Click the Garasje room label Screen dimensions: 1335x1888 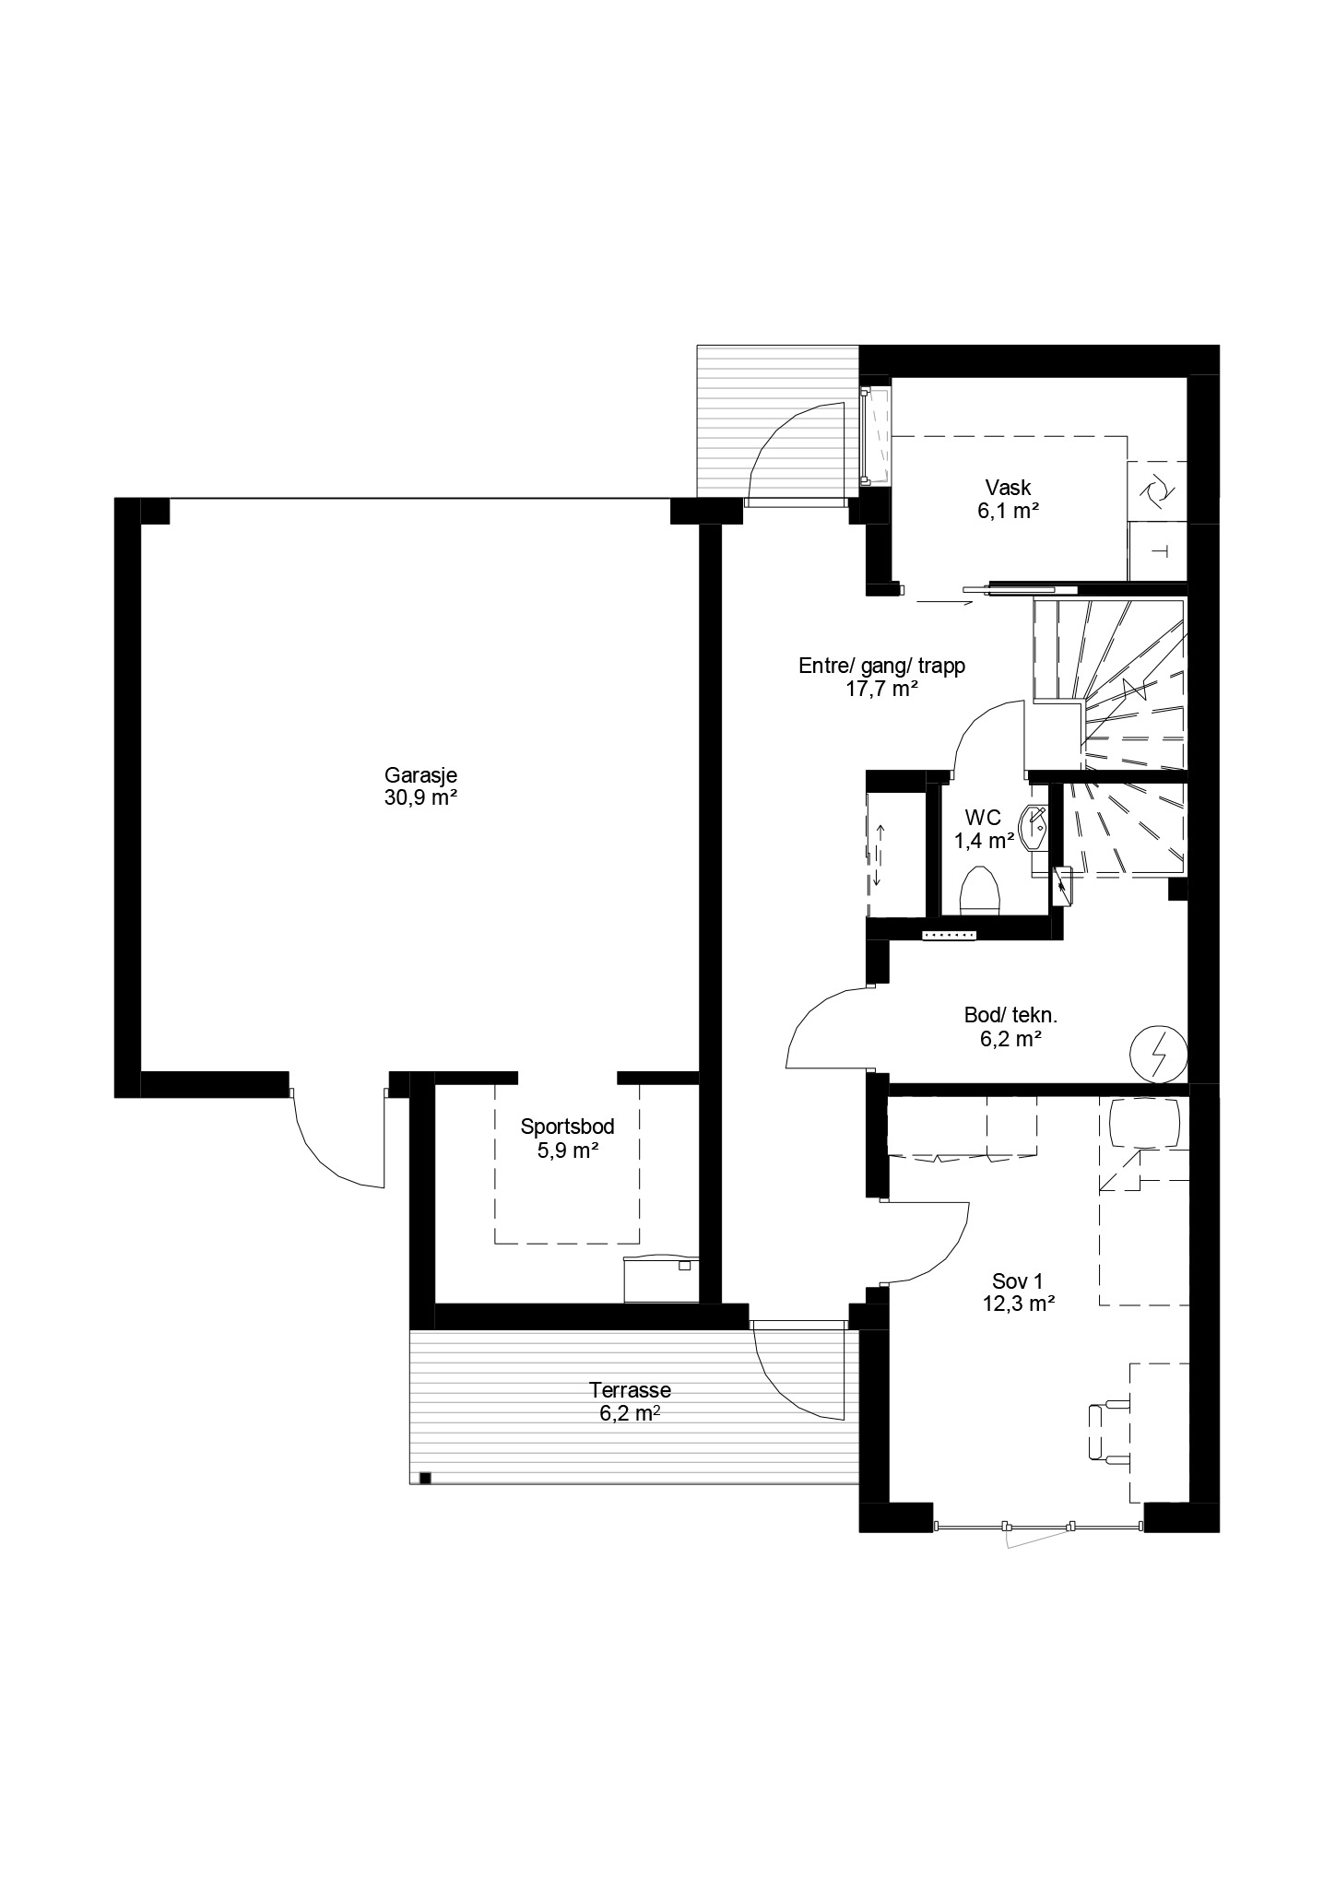(x=420, y=775)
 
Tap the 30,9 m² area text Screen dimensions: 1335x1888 (x=420, y=798)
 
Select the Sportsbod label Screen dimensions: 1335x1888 (x=567, y=1126)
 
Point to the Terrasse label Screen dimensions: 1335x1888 (x=631, y=1390)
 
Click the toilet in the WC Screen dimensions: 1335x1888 (x=980, y=891)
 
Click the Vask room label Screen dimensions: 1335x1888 (x=1008, y=487)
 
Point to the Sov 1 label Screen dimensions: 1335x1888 (x=1017, y=1280)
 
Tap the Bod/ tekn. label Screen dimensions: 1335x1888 (x=1010, y=1016)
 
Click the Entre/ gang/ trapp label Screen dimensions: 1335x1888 (x=881, y=666)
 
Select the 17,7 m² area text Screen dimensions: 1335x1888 (x=882, y=688)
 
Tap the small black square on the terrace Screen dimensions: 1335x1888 (x=425, y=1479)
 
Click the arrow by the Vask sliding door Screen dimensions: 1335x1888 (x=945, y=603)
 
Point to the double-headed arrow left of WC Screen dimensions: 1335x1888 (x=878, y=855)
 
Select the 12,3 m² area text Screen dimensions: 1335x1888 (x=1018, y=1304)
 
